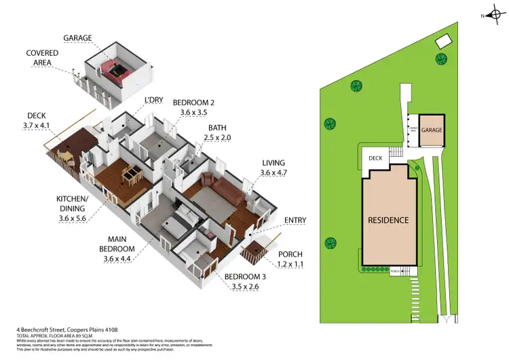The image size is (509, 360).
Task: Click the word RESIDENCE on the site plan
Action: pyautogui.click(x=388, y=220)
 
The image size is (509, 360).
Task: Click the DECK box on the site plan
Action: pyautogui.click(x=376, y=158)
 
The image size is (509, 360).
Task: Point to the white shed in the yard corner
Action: pyautogui.click(x=442, y=41)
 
